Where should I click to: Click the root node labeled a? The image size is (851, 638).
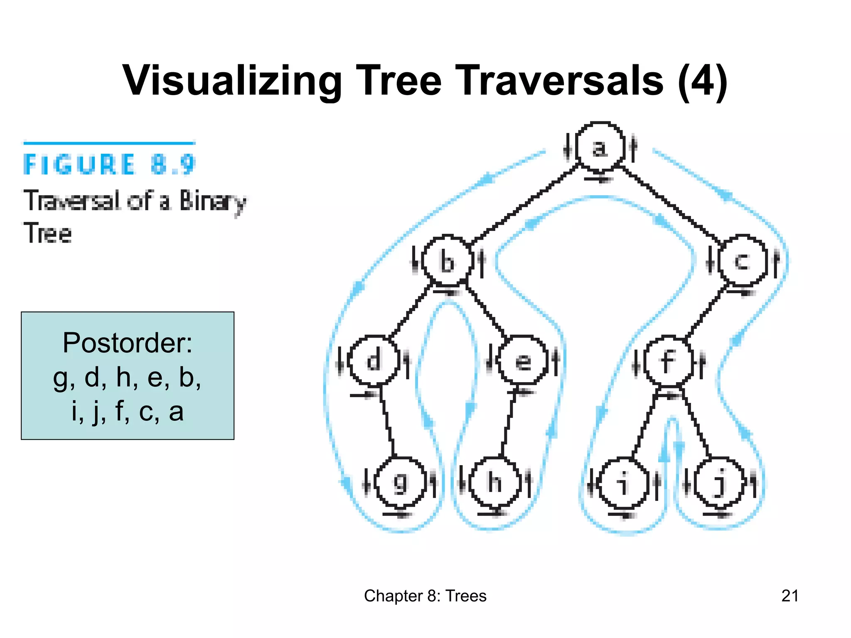pyautogui.click(x=600, y=147)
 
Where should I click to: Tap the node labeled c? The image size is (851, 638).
pyautogui.click(x=743, y=261)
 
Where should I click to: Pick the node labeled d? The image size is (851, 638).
pyautogui.click(x=374, y=360)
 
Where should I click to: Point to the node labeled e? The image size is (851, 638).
pyautogui.click(x=523, y=361)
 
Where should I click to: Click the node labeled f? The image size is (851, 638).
pyautogui.click(x=668, y=361)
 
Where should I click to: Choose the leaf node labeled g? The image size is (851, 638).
pyautogui.click(x=401, y=482)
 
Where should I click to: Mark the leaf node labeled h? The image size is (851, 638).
pyautogui.click(x=494, y=482)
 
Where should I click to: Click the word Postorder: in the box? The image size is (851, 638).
pyautogui.click(x=128, y=343)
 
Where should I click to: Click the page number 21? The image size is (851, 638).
pyautogui.click(x=790, y=596)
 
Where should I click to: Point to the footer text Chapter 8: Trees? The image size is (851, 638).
pyautogui.click(x=425, y=596)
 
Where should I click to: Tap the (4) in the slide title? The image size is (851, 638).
pyautogui.click(x=702, y=80)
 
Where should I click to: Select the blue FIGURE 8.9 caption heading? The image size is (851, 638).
pyautogui.click(x=109, y=164)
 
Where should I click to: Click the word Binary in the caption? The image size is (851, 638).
pyautogui.click(x=212, y=201)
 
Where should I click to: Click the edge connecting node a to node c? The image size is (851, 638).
pyautogui.click(x=672, y=204)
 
